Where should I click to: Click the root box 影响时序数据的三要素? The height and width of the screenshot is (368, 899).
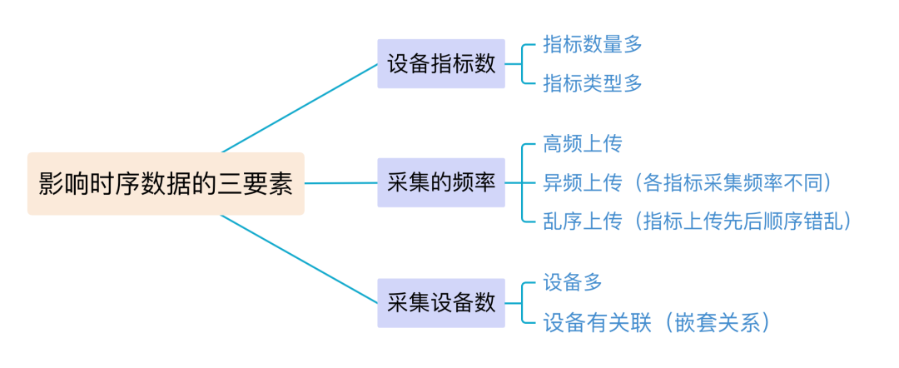click(x=166, y=183)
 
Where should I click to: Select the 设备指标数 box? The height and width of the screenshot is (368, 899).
click(x=441, y=64)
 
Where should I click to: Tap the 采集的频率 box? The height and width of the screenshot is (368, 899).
click(x=441, y=182)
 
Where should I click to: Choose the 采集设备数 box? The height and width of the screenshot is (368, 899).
click(x=441, y=302)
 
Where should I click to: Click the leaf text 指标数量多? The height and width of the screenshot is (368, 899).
click(x=592, y=45)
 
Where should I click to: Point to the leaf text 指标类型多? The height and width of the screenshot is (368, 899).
click(x=592, y=83)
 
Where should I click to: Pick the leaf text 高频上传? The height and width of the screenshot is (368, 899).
click(x=582, y=144)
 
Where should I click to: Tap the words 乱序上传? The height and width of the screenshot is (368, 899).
click(x=582, y=221)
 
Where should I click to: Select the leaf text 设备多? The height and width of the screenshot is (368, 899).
click(x=572, y=282)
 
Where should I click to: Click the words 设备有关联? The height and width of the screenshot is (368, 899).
click(x=592, y=322)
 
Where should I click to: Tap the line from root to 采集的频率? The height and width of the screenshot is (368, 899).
click(x=340, y=183)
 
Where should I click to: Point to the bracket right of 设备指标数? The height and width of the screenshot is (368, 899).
click(x=521, y=64)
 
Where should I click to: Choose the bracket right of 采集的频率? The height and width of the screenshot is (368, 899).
click(x=521, y=182)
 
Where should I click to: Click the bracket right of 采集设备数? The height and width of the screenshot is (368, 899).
click(x=521, y=302)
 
